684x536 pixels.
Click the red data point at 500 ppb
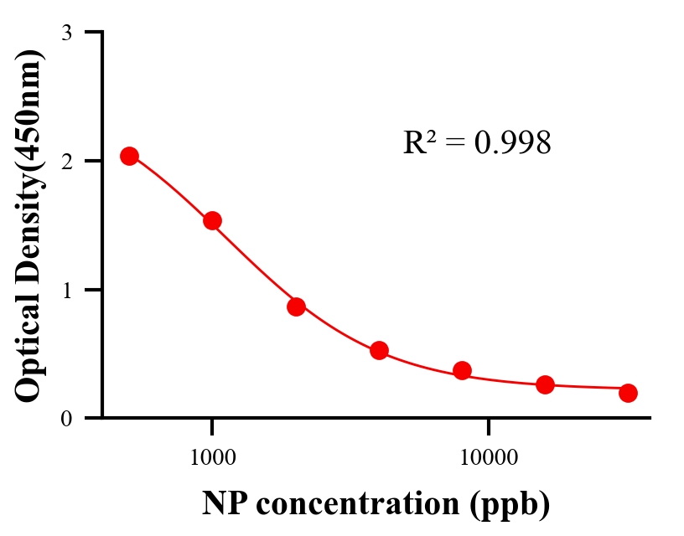pyautogui.click(x=129, y=156)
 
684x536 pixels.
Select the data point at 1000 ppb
pyautogui.click(x=212, y=220)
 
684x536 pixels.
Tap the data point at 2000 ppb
pyautogui.click(x=296, y=307)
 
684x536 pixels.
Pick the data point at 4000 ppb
pyautogui.click(x=379, y=350)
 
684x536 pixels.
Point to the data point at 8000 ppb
pyautogui.click(x=462, y=370)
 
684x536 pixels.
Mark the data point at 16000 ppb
pyautogui.click(x=545, y=384)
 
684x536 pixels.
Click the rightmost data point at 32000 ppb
pyautogui.click(x=628, y=393)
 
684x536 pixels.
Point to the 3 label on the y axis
pyautogui.click(x=66, y=33)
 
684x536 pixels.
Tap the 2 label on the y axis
pyautogui.click(x=66, y=161)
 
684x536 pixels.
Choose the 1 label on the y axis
pyautogui.click(x=66, y=290)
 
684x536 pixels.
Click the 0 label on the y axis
pyautogui.click(x=66, y=418)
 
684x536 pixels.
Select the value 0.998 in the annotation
pyautogui.click(x=512, y=143)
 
